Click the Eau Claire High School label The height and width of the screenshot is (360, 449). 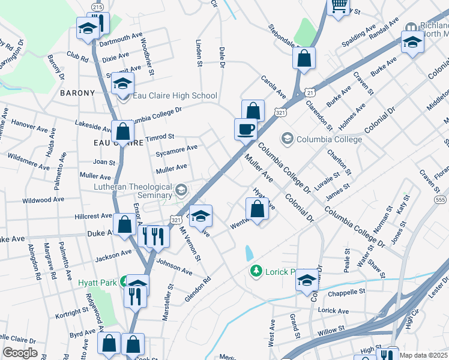point(175,95)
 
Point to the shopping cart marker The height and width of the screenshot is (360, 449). point(339,6)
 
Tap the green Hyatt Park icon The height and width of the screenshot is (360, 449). point(124,281)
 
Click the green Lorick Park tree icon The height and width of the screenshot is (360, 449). point(256,271)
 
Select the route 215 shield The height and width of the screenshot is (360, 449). point(97,5)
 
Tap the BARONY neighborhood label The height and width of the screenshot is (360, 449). point(77,93)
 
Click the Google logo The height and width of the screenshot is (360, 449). point(20,353)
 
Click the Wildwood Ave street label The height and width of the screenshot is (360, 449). point(42,199)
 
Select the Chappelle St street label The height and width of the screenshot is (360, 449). point(346,293)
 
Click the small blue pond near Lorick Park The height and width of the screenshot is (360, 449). point(249,253)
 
